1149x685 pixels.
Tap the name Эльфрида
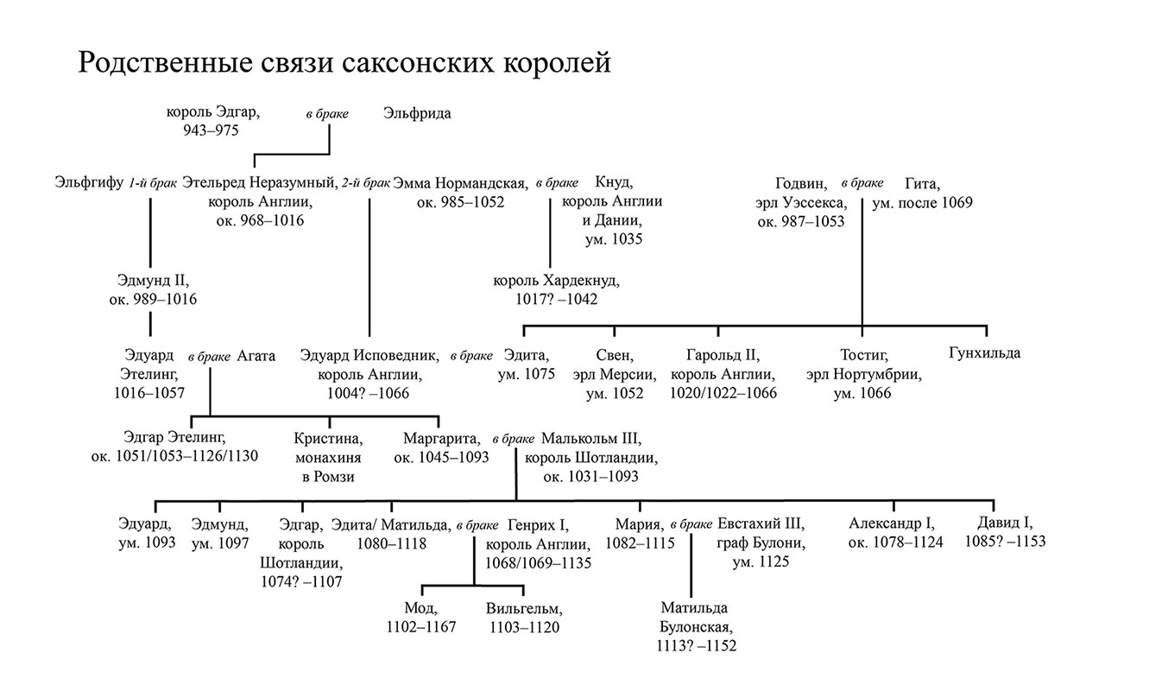(417, 113)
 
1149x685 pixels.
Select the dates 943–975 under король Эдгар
(211, 130)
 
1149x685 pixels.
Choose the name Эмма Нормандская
(460, 182)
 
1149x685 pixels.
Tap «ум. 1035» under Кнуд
(613, 239)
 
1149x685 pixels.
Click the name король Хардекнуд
(557, 281)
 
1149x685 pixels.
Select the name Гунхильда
(984, 353)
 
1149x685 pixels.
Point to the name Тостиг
(864, 355)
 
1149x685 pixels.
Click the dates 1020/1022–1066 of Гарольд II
(723, 393)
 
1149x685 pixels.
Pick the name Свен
(614, 355)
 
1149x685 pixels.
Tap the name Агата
(256, 355)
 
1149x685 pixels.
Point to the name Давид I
(1005, 523)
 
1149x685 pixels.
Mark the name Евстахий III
(761, 523)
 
